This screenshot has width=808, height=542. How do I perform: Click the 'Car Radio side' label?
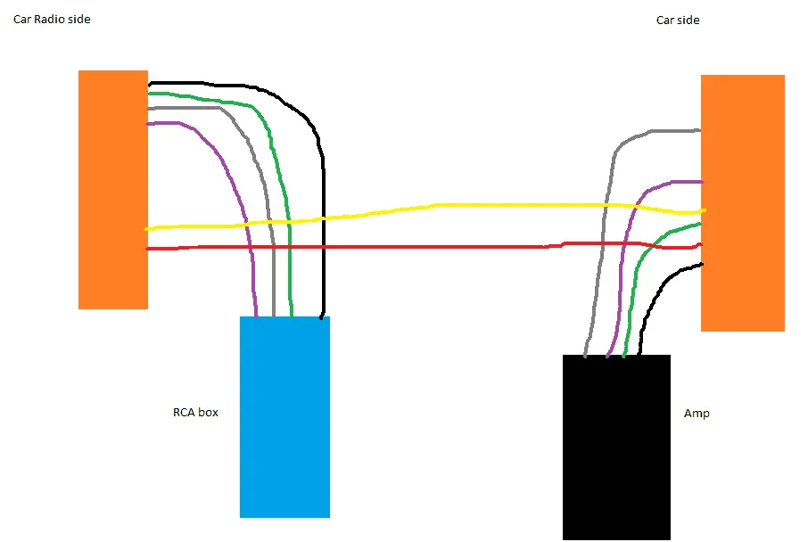click(52, 19)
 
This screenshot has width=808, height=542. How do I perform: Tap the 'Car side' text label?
click(678, 21)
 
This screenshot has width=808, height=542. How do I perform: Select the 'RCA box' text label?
click(195, 412)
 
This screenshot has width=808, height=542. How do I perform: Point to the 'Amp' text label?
click(697, 414)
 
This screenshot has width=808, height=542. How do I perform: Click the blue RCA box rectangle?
click(284, 417)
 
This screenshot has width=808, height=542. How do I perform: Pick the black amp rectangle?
click(616, 448)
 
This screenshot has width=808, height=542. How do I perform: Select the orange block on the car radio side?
click(113, 190)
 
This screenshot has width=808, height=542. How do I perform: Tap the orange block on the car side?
click(743, 203)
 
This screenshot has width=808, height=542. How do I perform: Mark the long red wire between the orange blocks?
click(423, 247)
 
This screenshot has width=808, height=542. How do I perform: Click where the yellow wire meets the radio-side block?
click(147, 229)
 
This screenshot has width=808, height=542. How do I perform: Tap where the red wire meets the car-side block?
click(701, 245)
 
